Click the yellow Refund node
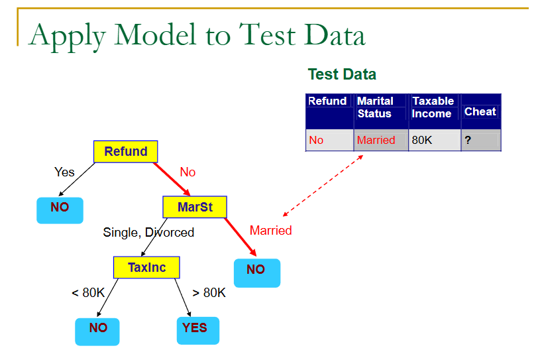coord(126,152)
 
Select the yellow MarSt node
coord(195,208)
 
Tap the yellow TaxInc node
coord(146,267)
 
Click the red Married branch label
coord(270,231)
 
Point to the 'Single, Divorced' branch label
coord(148,233)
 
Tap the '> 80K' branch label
coord(209,292)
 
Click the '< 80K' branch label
coord(88,292)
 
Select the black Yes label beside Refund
coord(64,172)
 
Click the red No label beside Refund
coord(188,172)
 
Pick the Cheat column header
coord(480,111)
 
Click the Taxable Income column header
coord(433,107)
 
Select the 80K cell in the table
coord(422,141)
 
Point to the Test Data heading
coord(342,74)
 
